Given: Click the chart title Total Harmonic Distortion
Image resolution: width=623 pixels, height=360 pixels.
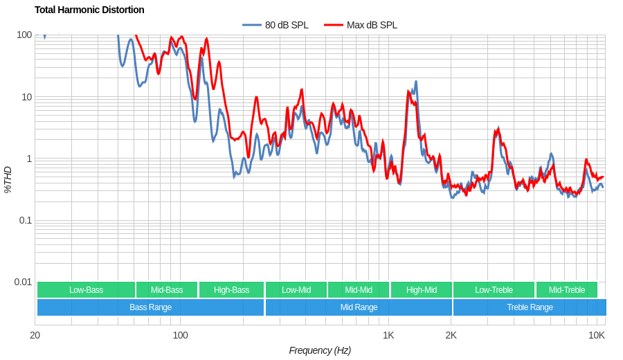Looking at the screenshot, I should (89, 10).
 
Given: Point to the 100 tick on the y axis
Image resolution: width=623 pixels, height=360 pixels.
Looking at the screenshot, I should (24, 35).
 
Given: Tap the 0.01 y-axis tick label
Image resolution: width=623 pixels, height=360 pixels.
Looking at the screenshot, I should (23, 282).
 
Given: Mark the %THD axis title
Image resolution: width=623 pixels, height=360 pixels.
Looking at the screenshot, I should (8, 179).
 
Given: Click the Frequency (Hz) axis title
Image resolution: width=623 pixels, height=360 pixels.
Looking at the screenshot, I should (320, 350).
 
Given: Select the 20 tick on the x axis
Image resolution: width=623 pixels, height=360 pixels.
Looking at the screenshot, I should (35, 335).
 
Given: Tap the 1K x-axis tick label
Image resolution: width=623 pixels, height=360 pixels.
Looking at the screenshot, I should (388, 335).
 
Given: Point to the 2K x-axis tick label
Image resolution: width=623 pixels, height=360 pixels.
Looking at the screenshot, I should (451, 335).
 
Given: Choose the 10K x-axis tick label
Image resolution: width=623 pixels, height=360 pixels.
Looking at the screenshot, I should (596, 335).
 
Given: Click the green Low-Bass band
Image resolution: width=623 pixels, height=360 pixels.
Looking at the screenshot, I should (86, 290).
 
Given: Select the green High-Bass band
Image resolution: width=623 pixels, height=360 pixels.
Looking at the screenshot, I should (231, 290).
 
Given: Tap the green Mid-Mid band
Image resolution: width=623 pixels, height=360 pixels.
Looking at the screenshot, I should (359, 290).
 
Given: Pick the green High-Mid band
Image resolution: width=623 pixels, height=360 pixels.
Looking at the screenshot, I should (421, 290).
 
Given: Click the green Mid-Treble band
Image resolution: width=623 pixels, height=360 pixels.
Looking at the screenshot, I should (566, 290).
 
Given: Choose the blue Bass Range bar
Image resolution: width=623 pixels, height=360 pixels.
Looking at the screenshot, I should (150, 307).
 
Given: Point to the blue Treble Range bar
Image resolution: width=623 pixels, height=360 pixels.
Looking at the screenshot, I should (530, 307).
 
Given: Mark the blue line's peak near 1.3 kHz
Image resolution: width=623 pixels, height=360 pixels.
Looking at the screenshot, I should (415, 82).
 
